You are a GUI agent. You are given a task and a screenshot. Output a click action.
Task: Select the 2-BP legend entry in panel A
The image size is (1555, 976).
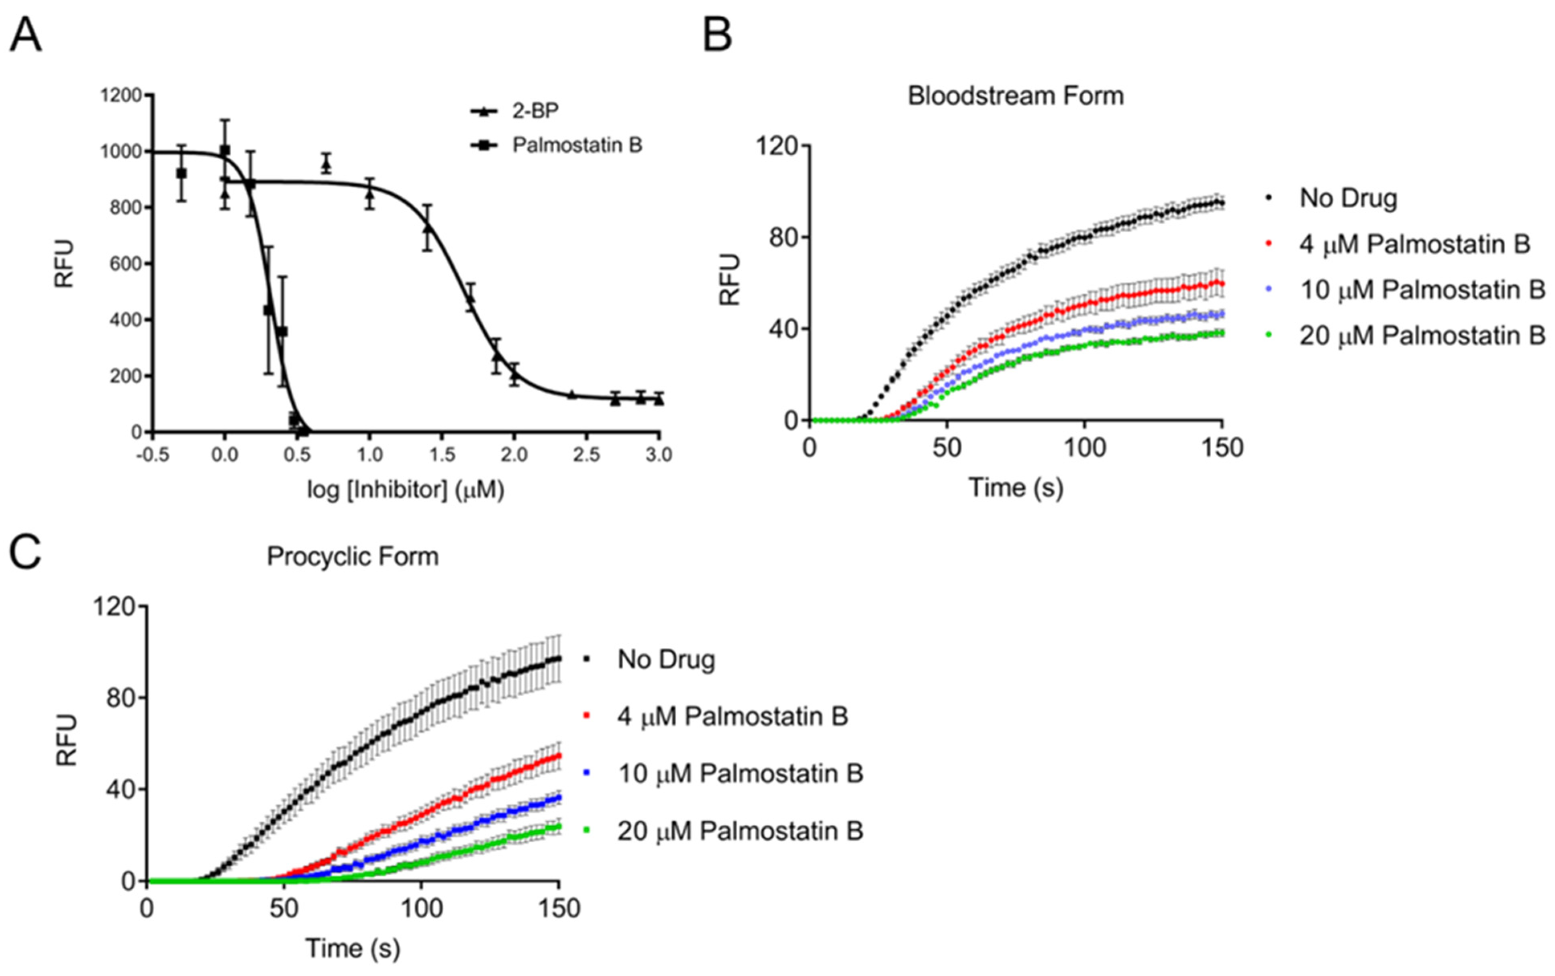pyautogui.click(x=535, y=111)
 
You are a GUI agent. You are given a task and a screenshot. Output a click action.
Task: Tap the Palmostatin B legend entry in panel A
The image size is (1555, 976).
pyautogui.click(x=577, y=145)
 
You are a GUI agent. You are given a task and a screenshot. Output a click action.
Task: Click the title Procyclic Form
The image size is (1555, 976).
pyautogui.click(x=353, y=556)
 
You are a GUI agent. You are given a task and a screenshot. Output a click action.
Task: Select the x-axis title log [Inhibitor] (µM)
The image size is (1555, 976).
pyautogui.click(x=406, y=490)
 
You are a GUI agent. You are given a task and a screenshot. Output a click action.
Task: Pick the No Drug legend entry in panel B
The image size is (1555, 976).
pyautogui.click(x=1348, y=198)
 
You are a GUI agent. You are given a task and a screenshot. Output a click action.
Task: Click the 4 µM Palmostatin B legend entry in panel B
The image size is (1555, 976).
pyautogui.click(x=1414, y=244)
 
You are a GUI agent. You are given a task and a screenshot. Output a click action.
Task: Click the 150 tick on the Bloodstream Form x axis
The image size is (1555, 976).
pyautogui.click(x=1222, y=447)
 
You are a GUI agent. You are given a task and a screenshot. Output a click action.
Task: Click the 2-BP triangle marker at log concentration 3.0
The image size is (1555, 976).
pyautogui.click(x=659, y=400)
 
